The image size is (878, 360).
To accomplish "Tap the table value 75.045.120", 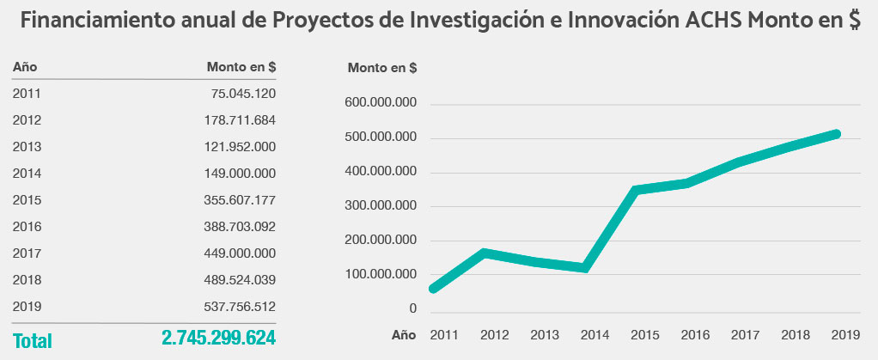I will [x=243, y=94].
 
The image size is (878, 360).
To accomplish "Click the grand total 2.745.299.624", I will [x=218, y=339].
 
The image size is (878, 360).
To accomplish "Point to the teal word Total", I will [x=33, y=341].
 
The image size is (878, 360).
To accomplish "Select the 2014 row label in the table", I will [x=27, y=174].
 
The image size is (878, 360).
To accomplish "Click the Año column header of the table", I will [x=25, y=67].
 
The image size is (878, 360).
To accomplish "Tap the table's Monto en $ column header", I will [x=241, y=67].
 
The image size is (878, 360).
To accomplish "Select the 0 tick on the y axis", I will [x=412, y=308].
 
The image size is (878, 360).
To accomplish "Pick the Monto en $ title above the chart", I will [x=382, y=67].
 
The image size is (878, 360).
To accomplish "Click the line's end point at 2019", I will [x=835, y=134].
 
